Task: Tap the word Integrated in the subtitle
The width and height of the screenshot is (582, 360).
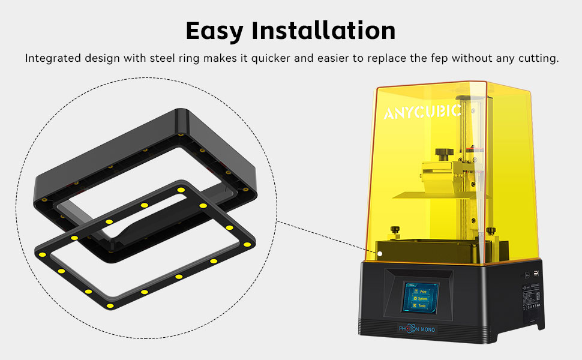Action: pyautogui.click(x=49, y=59)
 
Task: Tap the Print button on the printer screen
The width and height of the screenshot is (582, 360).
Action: pyautogui.click(x=421, y=289)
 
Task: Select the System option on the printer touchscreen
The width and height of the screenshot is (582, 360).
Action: pyautogui.click(x=421, y=298)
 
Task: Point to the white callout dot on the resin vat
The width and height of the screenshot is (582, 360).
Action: pyautogui.click(x=380, y=253)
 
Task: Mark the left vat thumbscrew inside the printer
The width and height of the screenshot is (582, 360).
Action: pyautogui.click(x=395, y=229)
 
